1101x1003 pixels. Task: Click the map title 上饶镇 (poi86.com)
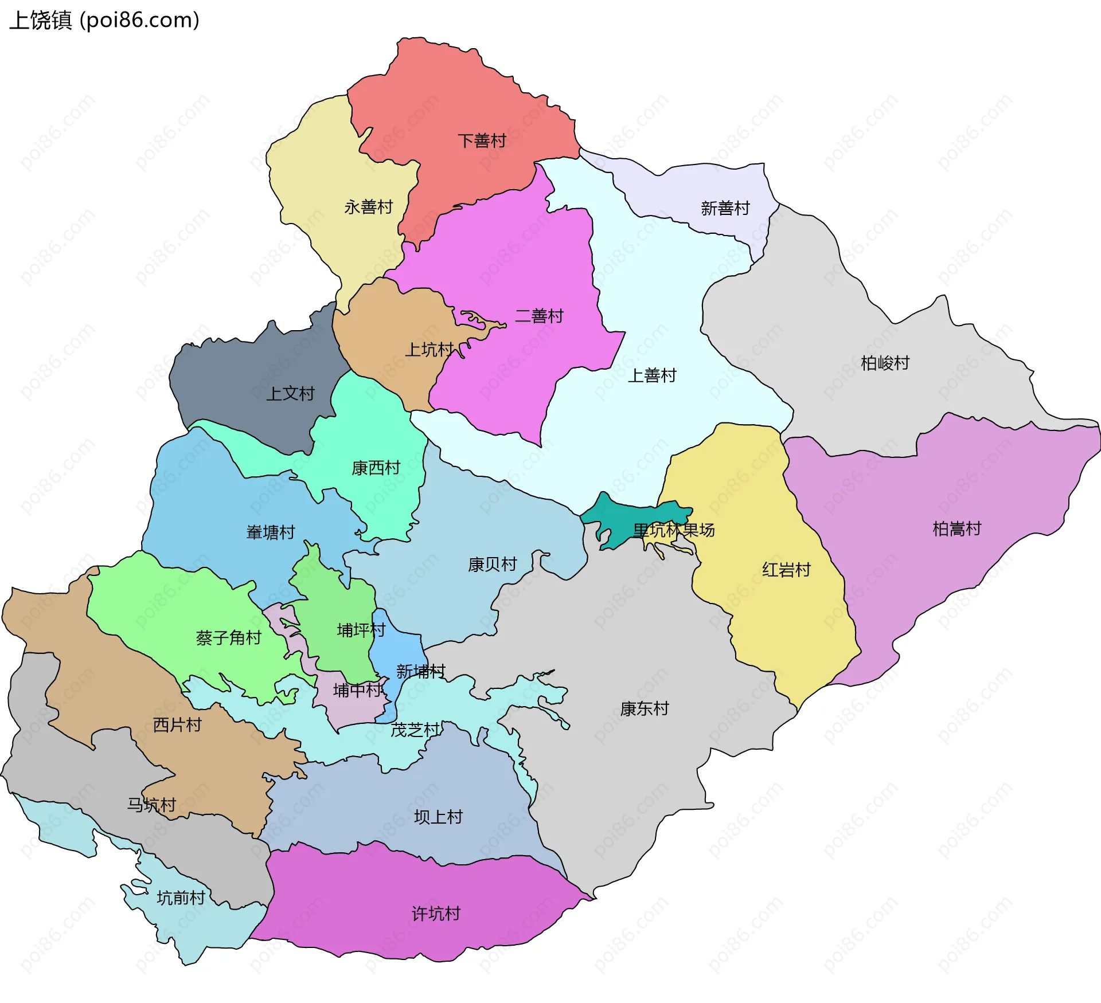pos(104,21)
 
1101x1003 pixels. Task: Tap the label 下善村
pos(482,141)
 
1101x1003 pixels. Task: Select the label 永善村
pos(368,207)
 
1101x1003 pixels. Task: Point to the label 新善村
pos(725,209)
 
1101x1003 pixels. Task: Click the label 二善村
pos(539,316)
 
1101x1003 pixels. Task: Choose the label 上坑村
pos(429,350)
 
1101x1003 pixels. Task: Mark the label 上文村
pos(290,394)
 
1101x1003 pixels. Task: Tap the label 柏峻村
pos(885,363)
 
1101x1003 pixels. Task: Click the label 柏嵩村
pos(956,528)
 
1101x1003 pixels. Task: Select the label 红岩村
pos(786,570)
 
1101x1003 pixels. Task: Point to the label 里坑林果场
pos(674,530)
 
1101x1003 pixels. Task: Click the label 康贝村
pos(492,565)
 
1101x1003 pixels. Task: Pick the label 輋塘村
pos(270,532)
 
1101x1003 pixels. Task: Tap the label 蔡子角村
pos(228,638)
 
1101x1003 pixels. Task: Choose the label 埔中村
pos(357,690)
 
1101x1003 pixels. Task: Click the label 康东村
pos(644,709)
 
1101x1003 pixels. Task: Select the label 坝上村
pos(438,817)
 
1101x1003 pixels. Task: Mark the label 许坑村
pos(436,914)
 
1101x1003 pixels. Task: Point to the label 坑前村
pos(181,898)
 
